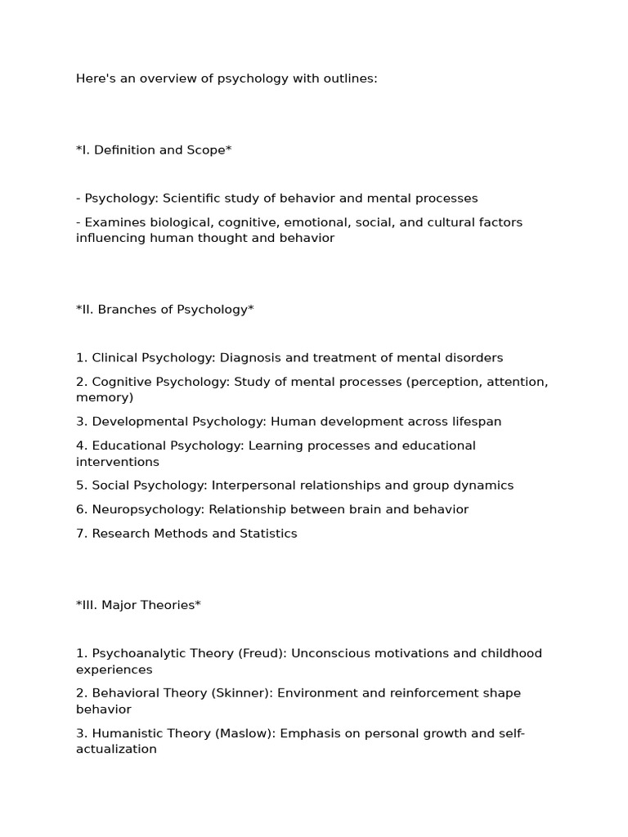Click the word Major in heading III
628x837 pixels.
click(121, 606)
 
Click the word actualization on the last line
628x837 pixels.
click(116, 750)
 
